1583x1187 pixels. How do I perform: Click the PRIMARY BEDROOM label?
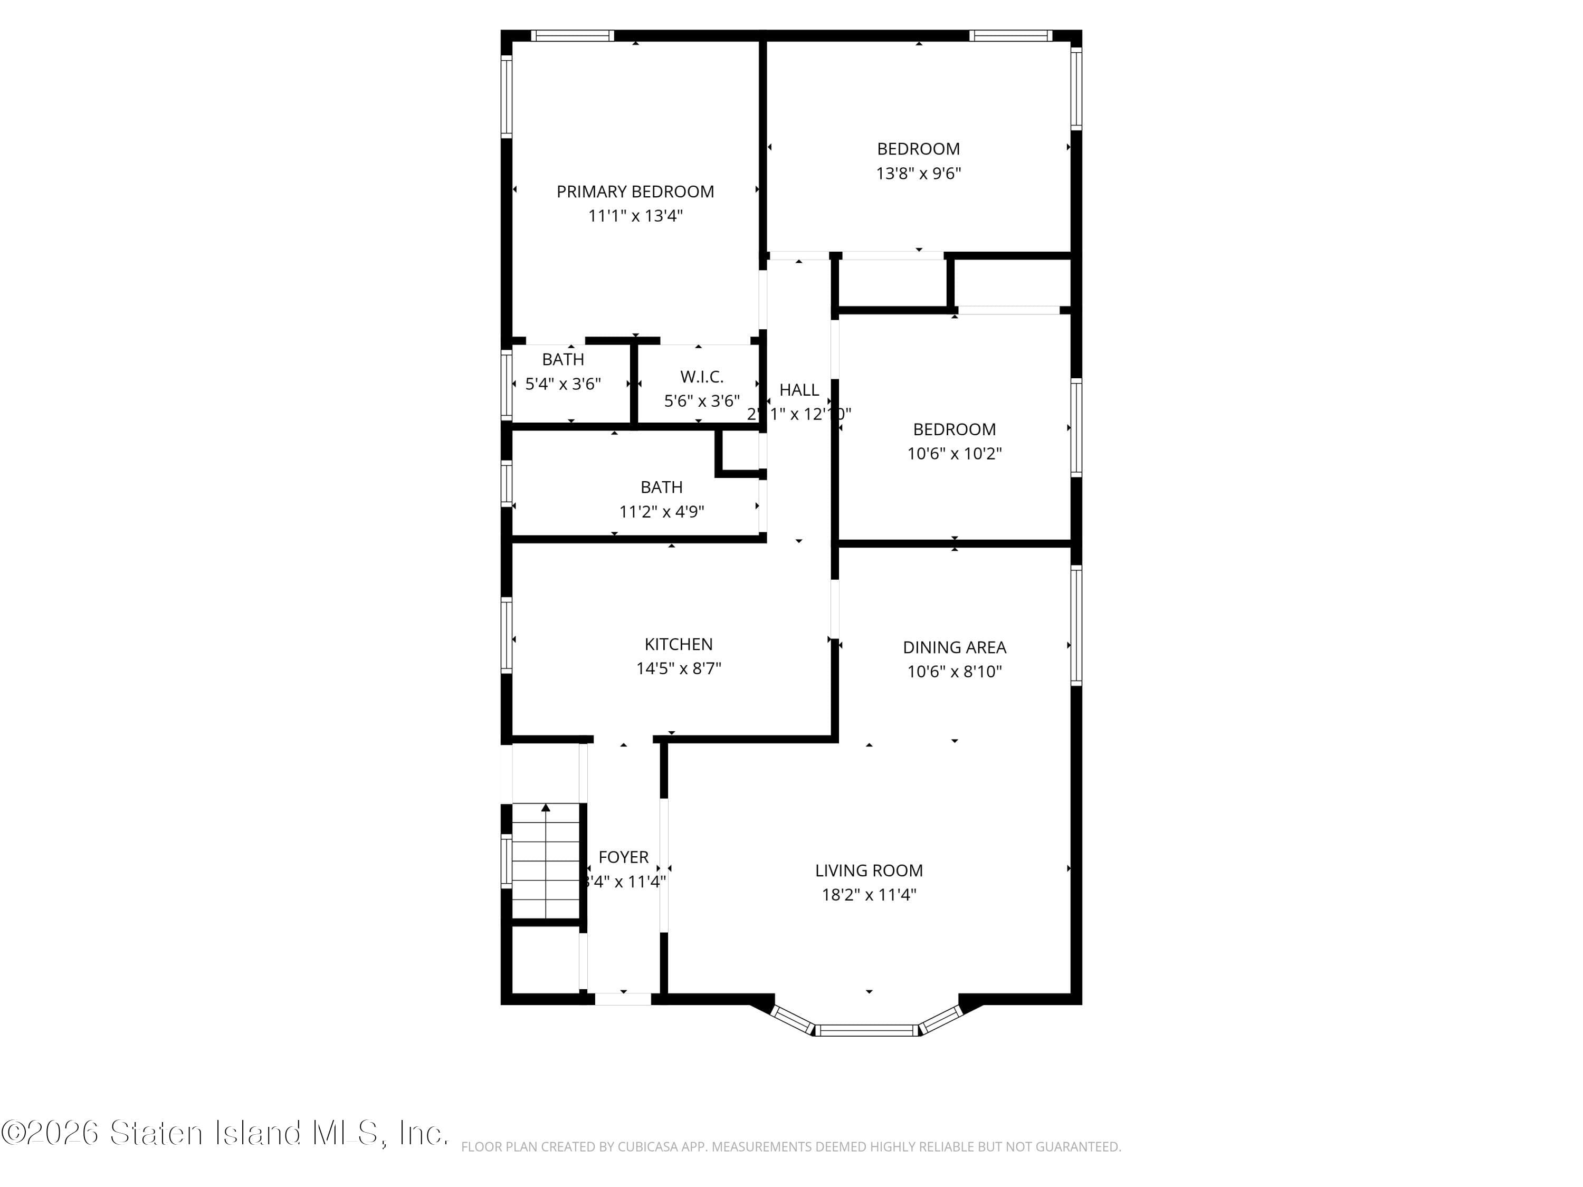635,192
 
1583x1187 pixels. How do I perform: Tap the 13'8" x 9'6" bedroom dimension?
918,173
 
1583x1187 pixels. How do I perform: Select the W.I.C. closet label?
701,376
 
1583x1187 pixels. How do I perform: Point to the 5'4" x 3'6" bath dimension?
562,384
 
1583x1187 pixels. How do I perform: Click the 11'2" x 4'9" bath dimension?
661,512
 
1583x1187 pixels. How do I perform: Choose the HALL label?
799,390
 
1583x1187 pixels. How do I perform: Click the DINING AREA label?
954,647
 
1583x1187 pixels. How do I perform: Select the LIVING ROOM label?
869,871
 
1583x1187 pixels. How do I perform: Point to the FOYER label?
623,857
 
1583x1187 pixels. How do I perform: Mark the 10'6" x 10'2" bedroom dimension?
954,454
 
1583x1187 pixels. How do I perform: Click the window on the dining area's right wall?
1075,625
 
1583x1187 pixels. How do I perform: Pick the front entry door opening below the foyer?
623,999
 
